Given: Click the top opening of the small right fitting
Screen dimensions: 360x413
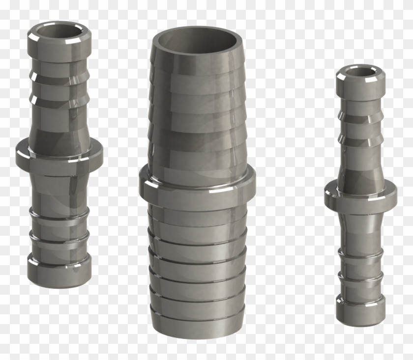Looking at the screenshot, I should [361, 73].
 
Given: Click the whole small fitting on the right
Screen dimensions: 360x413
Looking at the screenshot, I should [361, 196].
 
